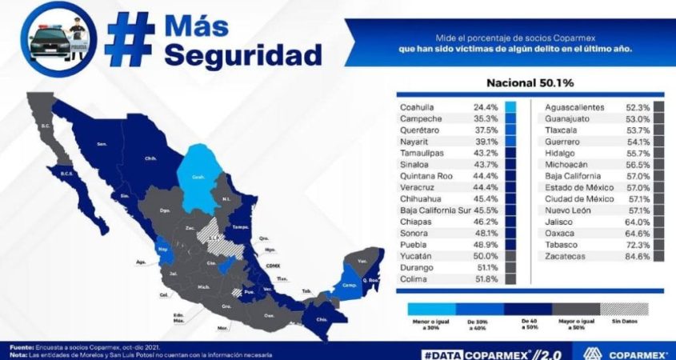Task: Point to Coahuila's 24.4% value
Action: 487,107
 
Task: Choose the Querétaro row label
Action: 420,130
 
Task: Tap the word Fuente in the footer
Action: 22,346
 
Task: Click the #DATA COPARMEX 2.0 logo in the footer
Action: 496,351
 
